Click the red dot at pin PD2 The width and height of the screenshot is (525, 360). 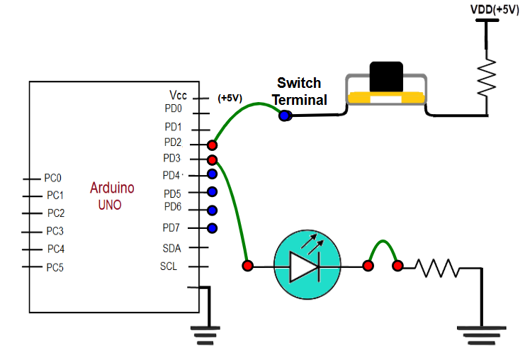pyautogui.click(x=211, y=145)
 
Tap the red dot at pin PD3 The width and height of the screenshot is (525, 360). pyautogui.click(x=211, y=160)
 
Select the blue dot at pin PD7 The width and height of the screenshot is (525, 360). pyautogui.click(x=211, y=228)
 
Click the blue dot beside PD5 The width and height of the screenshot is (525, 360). pyautogui.click(x=211, y=191)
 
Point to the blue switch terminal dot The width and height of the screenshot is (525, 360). pyautogui.click(x=285, y=116)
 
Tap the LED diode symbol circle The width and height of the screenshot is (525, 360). pyautogui.click(x=307, y=266)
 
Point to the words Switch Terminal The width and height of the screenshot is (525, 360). pyautogui.click(x=299, y=91)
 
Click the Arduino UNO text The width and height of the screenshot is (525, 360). pyautogui.click(x=111, y=196)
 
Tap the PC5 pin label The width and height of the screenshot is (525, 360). pyautogui.click(x=55, y=267)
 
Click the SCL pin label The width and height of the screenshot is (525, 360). pyautogui.click(x=169, y=266)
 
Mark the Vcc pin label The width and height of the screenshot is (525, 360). pyautogui.click(x=177, y=95)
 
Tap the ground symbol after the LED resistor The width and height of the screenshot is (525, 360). pyautogui.click(x=482, y=334)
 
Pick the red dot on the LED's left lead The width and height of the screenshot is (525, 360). pyautogui.click(x=247, y=266)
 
